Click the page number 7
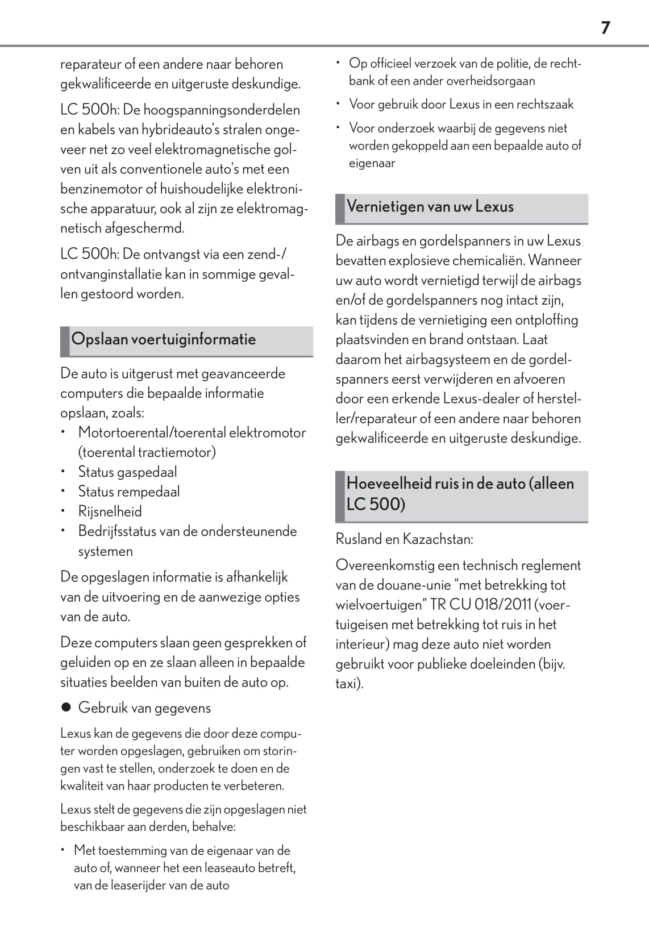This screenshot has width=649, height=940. [605, 27]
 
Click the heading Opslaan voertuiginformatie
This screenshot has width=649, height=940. [164, 339]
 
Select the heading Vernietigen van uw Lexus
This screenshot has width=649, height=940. [430, 206]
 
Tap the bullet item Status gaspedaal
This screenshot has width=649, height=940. [127, 472]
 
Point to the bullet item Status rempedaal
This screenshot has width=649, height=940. [129, 492]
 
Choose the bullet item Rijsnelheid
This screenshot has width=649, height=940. [110, 511]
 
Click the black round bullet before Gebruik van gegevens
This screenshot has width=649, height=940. [66, 708]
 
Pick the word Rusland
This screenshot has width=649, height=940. [359, 539]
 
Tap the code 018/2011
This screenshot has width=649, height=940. [503, 604]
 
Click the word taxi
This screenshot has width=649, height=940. [347, 683]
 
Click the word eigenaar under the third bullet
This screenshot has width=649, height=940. [372, 163]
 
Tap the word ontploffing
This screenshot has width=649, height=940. [546, 320]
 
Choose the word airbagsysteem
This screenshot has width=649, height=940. [434, 359]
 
